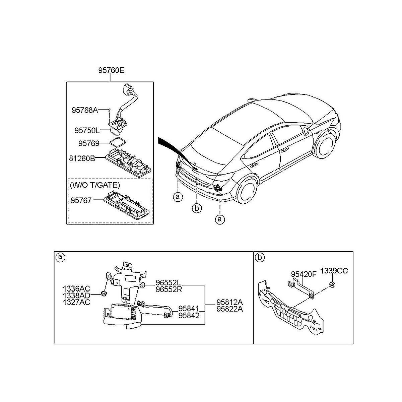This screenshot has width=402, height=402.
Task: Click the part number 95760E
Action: tap(111, 70)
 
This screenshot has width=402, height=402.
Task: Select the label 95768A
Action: tap(85, 110)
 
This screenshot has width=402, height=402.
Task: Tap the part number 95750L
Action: tap(87, 131)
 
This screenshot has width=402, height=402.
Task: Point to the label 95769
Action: tap(89, 143)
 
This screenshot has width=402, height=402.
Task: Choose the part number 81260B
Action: tap(82, 159)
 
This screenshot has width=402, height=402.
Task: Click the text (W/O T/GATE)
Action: tap(95, 185)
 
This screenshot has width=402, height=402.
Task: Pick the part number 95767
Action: tap(81, 200)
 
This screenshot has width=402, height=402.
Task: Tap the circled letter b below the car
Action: tap(197, 208)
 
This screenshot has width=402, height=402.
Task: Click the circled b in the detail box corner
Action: tap(260, 257)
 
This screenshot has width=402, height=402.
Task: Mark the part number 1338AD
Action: tap(76, 295)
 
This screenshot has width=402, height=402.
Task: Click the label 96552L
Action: tap(168, 283)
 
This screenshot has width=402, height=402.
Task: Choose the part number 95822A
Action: tap(230, 309)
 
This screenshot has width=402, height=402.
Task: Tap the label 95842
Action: tap(189, 316)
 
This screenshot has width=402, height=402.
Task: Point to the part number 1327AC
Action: tap(76, 302)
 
